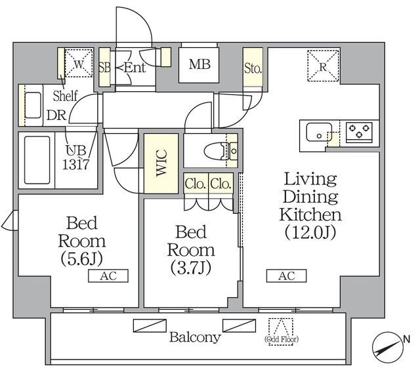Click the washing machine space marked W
click(x=78, y=64)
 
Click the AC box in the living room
click(x=286, y=276)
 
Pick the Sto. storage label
click(x=253, y=68)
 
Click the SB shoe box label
click(x=104, y=67)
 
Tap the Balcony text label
click(x=195, y=338)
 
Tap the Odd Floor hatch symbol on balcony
click(x=282, y=326)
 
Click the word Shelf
click(x=66, y=96)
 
